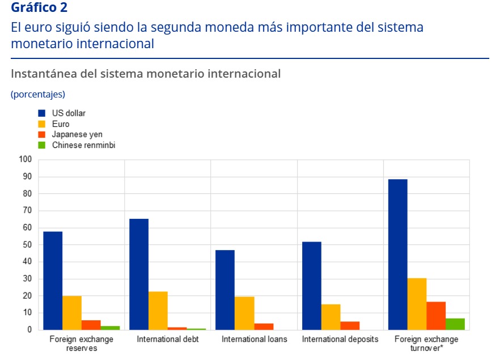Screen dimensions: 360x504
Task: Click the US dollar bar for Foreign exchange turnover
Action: click(397, 255)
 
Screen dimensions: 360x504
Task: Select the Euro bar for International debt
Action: click(158, 311)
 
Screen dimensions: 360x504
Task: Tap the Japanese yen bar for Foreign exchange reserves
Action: click(91, 325)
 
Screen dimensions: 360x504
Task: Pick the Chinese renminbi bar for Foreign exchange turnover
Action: click(455, 324)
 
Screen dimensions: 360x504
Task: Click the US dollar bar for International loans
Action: click(225, 290)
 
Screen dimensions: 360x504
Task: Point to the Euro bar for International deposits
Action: click(331, 317)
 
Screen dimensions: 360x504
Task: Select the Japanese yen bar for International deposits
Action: click(350, 325)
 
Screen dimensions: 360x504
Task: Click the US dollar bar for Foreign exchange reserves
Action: click(53, 281)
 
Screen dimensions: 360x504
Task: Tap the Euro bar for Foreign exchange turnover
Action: click(417, 304)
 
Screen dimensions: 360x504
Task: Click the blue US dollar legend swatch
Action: click(41, 113)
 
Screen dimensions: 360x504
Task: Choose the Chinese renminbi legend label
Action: click(83, 145)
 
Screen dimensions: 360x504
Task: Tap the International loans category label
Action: click(255, 339)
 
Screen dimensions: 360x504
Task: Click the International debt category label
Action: click(167, 339)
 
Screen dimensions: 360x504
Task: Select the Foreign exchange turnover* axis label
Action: click(426, 343)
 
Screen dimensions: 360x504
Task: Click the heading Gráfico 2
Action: click(39, 9)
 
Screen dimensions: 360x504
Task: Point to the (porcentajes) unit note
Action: click(38, 94)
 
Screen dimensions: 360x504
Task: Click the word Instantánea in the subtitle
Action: click(41, 74)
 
